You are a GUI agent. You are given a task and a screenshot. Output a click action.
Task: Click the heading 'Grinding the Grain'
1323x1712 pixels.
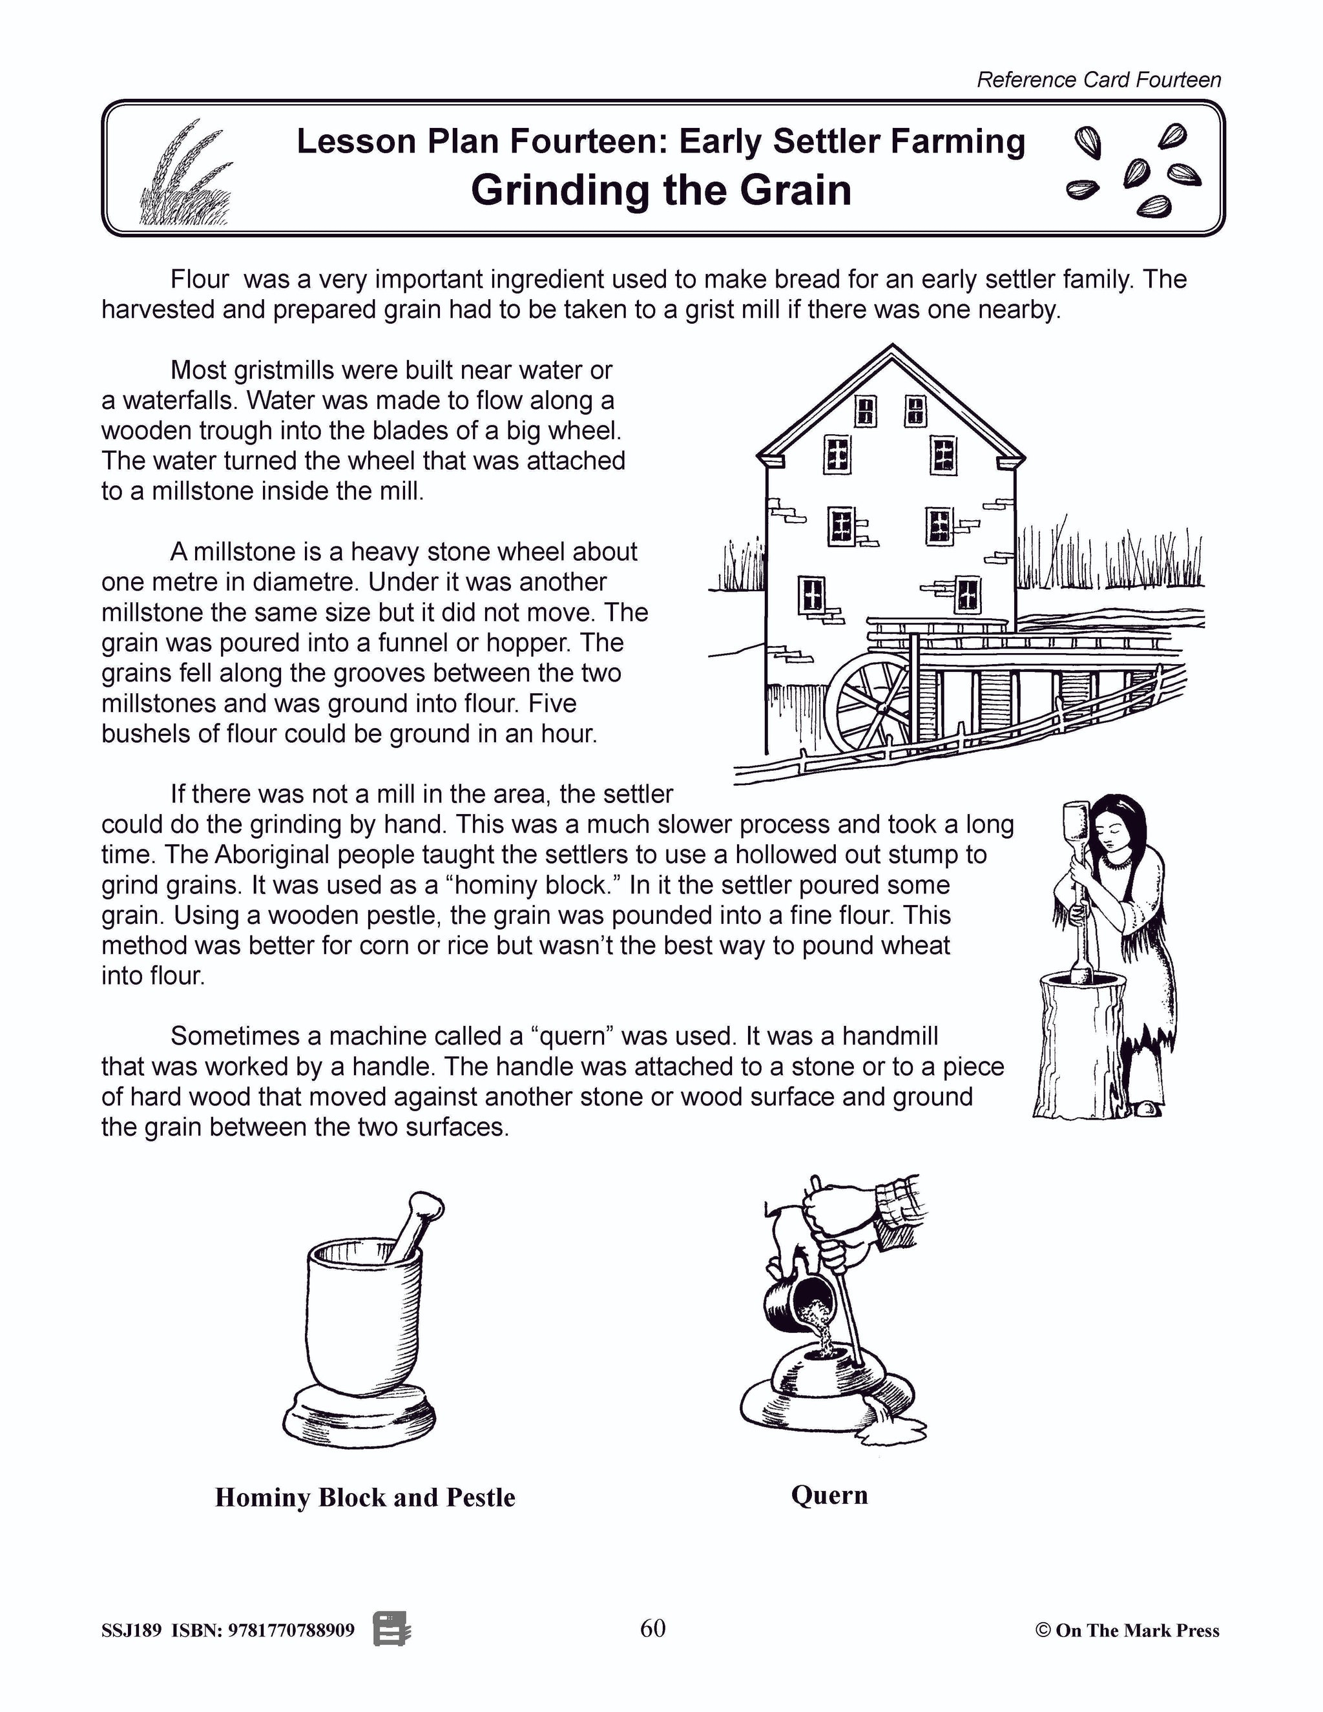click(661, 191)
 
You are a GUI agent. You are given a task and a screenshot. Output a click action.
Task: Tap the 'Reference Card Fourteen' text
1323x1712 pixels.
click(1098, 80)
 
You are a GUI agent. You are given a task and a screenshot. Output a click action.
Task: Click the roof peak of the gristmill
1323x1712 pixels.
click(890, 350)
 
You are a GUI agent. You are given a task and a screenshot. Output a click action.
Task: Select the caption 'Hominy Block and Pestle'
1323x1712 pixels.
click(365, 1498)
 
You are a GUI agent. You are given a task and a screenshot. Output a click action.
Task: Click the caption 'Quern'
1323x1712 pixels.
click(829, 1495)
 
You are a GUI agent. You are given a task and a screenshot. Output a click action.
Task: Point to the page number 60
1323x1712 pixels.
click(653, 1628)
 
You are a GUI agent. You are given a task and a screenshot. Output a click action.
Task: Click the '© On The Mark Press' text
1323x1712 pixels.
click(1127, 1631)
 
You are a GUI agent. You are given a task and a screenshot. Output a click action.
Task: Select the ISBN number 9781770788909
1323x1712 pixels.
click(290, 1631)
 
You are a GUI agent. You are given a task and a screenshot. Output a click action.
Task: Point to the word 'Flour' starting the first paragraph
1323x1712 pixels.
click(200, 279)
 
